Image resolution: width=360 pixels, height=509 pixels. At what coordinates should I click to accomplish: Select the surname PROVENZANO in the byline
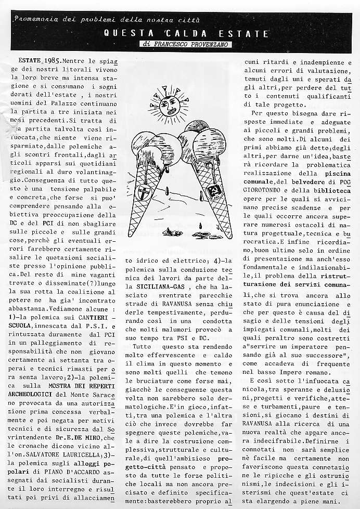pos(201,45)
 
